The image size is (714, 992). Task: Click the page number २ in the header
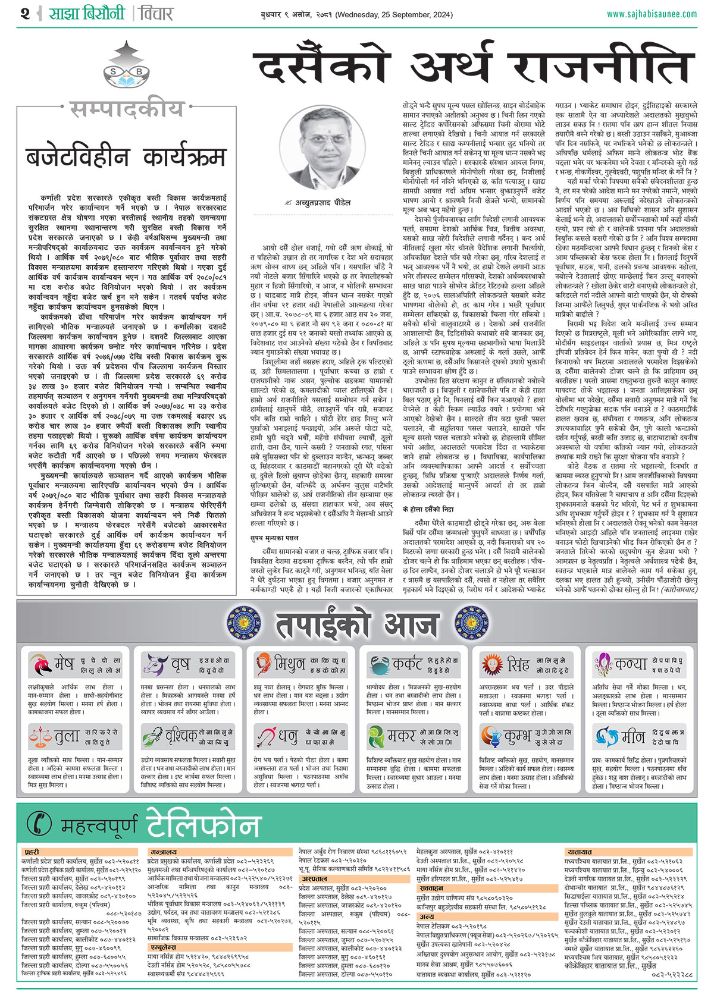click(x=24, y=13)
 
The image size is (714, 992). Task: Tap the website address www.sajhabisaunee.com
click(x=652, y=14)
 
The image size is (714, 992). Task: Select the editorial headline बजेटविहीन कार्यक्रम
click(x=126, y=157)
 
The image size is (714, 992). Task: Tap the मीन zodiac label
click(x=632, y=736)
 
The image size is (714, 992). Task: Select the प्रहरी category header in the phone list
click(x=32, y=852)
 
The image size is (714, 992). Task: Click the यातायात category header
click(x=580, y=852)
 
